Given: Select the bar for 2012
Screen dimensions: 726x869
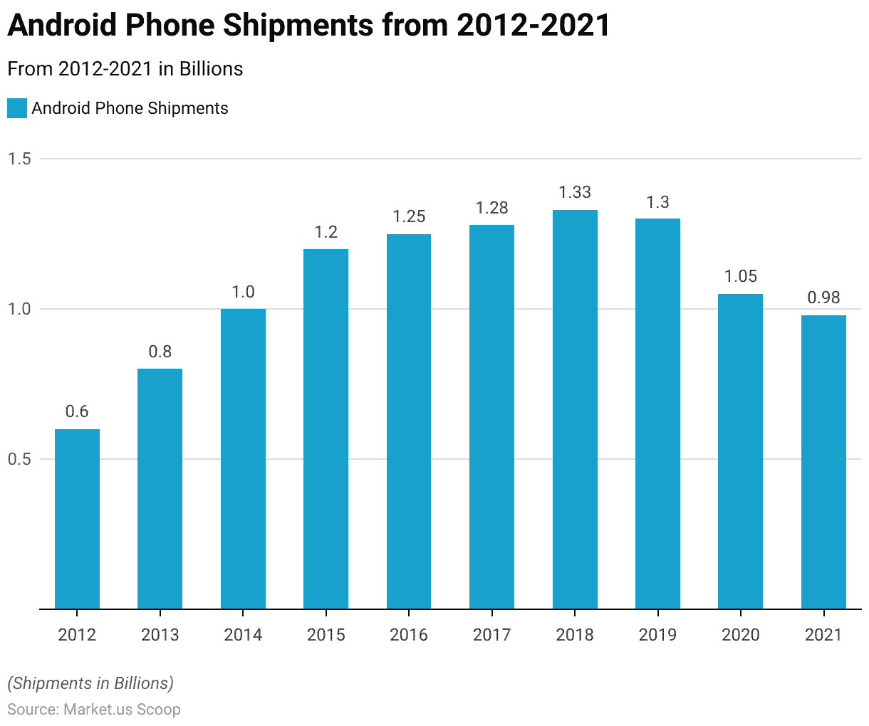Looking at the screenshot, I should (77, 519).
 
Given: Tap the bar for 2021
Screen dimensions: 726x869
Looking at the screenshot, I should (823, 462).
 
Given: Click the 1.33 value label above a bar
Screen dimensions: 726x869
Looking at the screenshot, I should (575, 192).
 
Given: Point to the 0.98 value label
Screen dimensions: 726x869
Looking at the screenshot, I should (823, 298).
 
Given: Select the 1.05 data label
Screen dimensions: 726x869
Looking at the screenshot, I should (741, 276).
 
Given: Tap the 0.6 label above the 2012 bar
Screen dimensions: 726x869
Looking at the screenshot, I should (77, 411).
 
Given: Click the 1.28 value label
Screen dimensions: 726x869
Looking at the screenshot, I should (491, 208).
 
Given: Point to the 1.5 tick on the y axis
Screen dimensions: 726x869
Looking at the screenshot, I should (19, 159).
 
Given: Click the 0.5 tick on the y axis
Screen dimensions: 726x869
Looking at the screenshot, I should (19, 459).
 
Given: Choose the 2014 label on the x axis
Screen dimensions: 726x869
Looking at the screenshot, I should (243, 635).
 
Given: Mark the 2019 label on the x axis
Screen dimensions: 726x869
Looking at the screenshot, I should (657, 635).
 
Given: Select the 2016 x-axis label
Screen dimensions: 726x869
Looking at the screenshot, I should (409, 635).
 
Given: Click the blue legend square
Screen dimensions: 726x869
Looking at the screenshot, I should (17, 108).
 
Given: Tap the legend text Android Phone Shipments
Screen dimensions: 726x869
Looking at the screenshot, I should (130, 108).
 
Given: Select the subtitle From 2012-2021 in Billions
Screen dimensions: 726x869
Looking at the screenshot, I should (125, 69).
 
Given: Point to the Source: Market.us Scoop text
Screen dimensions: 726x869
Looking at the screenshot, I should (94, 710).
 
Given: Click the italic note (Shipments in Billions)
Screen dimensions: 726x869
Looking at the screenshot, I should (90, 683).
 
